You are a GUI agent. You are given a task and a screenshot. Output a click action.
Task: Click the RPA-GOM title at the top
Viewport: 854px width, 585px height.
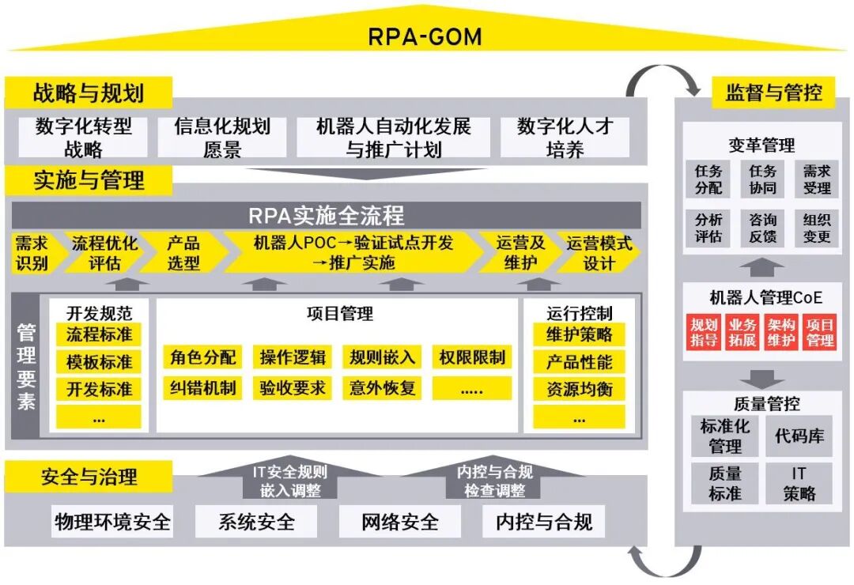point(425,36)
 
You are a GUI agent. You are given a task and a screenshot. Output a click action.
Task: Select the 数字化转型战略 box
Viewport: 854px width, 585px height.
point(83,138)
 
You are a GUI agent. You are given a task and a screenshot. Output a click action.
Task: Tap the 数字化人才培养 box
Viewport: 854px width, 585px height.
point(565,138)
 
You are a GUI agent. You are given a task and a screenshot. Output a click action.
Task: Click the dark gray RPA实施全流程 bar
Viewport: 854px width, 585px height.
point(326,215)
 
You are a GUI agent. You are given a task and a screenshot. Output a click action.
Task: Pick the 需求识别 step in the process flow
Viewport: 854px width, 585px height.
point(32,253)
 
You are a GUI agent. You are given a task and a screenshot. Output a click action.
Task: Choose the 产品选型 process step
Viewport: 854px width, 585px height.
point(183,253)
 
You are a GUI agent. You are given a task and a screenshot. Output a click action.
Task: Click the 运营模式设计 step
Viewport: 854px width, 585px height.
point(599,253)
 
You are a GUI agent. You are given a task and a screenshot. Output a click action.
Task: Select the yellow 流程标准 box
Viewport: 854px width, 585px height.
point(99,334)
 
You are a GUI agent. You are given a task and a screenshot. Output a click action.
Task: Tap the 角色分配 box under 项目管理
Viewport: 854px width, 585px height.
point(203,357)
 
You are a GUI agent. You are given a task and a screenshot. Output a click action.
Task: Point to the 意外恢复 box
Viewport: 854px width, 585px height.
point(383,387)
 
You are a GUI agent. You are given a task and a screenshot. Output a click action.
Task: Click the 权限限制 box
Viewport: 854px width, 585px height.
point(472,357)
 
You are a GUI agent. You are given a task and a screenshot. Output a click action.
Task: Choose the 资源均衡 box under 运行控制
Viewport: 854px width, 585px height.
point(579,389)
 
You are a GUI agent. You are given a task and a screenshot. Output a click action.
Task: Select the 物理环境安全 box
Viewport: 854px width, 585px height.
point(112,522)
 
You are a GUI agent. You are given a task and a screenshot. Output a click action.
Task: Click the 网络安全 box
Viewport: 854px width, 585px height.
point(399,522)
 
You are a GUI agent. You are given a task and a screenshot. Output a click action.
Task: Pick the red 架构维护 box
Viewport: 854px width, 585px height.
point(781,333)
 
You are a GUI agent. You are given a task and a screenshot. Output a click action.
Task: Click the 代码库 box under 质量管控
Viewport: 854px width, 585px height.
point(799,436)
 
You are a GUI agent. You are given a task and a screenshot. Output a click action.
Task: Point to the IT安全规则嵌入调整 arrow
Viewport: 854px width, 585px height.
point(289,481)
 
